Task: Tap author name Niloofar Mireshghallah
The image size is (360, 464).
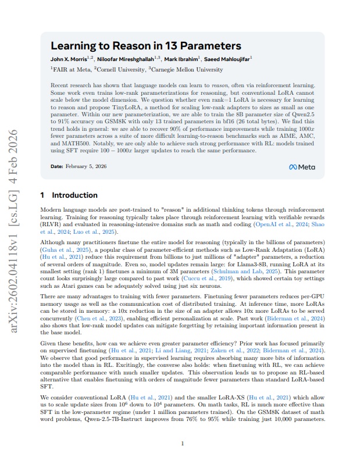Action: tap(124, 59)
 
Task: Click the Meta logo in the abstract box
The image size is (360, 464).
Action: tap(302, 167)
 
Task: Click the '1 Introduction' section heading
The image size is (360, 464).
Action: tap(69, 195)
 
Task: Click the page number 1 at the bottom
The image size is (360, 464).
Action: tap(183, 444)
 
